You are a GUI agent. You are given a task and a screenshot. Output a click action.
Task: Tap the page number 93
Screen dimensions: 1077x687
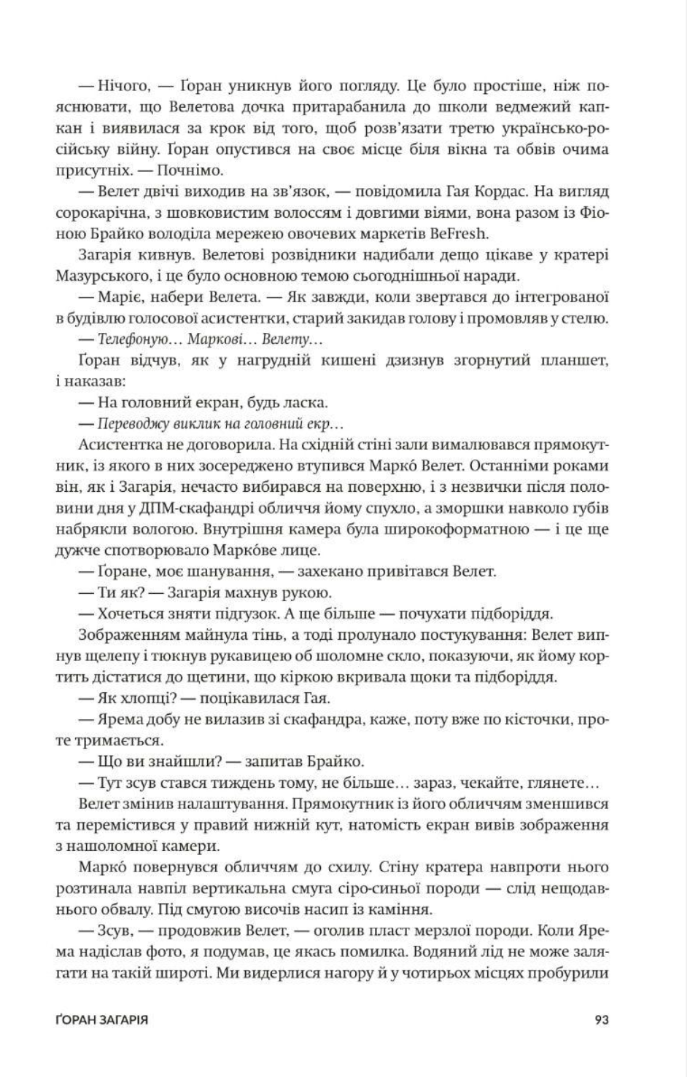pos(602,1020)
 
